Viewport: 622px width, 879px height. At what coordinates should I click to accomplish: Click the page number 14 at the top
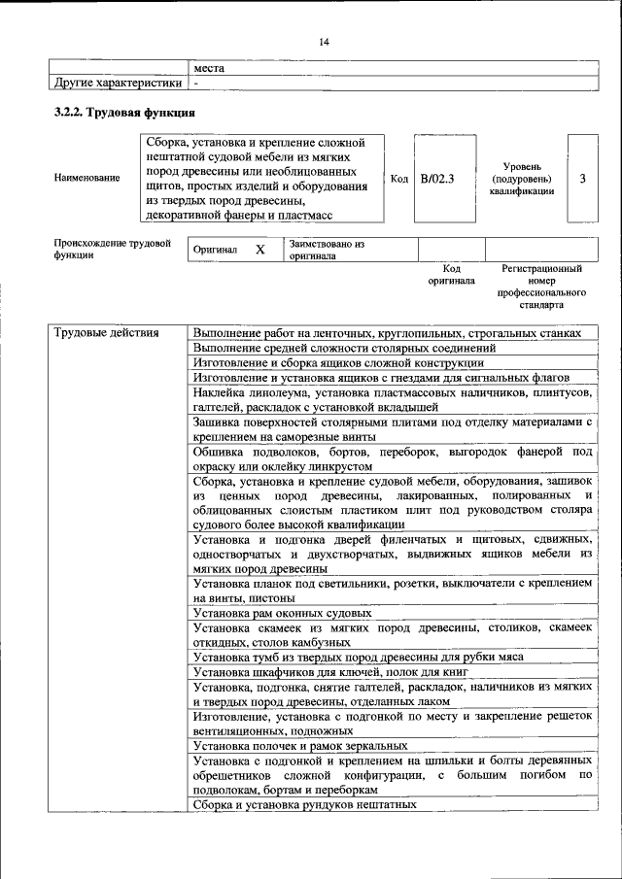coord(325,41)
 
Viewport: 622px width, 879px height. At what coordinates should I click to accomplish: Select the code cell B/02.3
coord(437,178)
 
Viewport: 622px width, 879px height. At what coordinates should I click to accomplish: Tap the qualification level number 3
coord(582,178)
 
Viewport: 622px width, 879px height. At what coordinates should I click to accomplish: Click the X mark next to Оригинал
coord(259,250)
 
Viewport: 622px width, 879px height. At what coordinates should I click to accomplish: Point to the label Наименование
coord(88,178)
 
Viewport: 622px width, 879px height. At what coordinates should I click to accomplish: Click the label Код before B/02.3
coord(399,178)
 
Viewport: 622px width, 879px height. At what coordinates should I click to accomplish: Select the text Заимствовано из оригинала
coord(326,250)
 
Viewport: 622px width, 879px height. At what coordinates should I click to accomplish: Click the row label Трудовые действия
coord(106,333)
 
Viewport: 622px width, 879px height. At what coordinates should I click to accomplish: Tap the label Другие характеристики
coord(118,84)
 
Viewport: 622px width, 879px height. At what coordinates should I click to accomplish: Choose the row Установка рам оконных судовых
coord(283,614)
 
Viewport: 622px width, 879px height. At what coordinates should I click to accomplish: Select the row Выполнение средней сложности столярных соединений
coord(345,348)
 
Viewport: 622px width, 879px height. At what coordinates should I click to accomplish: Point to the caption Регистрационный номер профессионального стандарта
coord(541,286)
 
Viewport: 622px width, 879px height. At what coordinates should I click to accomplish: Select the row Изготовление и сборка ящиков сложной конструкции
coord(338,362)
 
